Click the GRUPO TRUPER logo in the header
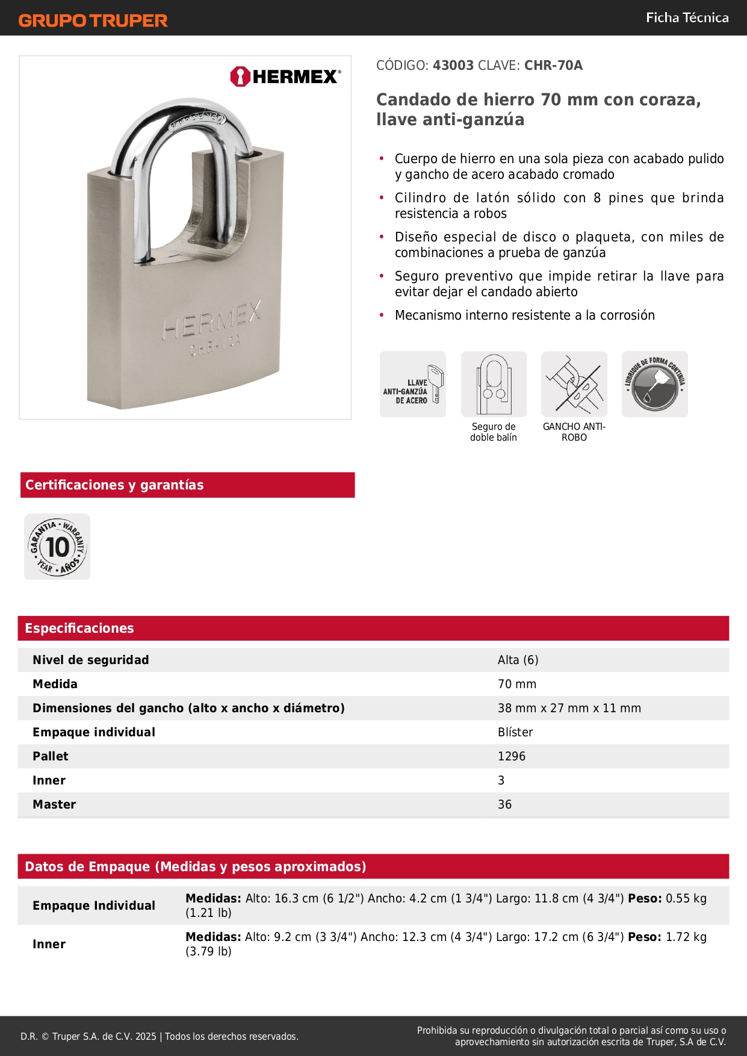coord(93,20)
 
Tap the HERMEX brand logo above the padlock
coord(285,76)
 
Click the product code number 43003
coord(453,66)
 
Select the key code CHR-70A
coord(553,66)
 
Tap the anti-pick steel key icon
coord(413,384)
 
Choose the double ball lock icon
coord(494,384)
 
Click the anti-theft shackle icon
coord(574,384)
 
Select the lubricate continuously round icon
coord(655,384)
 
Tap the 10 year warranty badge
coord(57,547)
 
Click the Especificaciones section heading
coord(79,629)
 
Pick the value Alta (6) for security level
coord(518,660)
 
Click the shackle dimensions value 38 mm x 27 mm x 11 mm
coord(569,708)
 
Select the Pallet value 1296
coord(512,756)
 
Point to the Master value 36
coord(504,804)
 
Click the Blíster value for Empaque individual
coord(515,732)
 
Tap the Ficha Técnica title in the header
coord(687,18)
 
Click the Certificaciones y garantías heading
coord(114,485)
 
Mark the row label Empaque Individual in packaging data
coord(94,905)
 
